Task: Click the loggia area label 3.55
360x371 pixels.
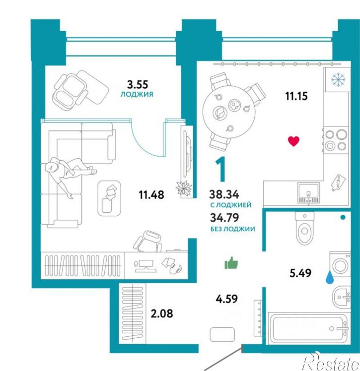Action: click(138, 84)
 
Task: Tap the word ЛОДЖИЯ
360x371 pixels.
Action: click(137, 94)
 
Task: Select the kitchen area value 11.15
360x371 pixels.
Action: click(296, 96)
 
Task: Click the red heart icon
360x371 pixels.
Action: click(293, 141)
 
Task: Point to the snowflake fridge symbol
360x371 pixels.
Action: click(338, 79)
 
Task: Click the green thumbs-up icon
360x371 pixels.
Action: click(231, 263)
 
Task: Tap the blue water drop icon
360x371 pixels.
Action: click(330, 277)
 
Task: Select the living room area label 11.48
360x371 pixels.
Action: click(151, 195)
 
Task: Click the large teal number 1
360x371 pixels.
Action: click(221, 170)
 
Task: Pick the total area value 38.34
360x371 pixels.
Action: click(224, 194)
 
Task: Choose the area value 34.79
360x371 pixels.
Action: click(224, 218)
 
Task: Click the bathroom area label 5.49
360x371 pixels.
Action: click(300, 273)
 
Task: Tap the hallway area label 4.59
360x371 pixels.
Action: click(226, 299)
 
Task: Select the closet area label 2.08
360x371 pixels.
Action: click(162, 313)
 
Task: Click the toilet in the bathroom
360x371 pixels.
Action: click(304, 228)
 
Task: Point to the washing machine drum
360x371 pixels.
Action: click(340, 265)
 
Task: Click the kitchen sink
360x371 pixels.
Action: click(308, 193)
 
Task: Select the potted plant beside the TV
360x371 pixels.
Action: click(184, 188)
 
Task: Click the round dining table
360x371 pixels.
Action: click(229, 114)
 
